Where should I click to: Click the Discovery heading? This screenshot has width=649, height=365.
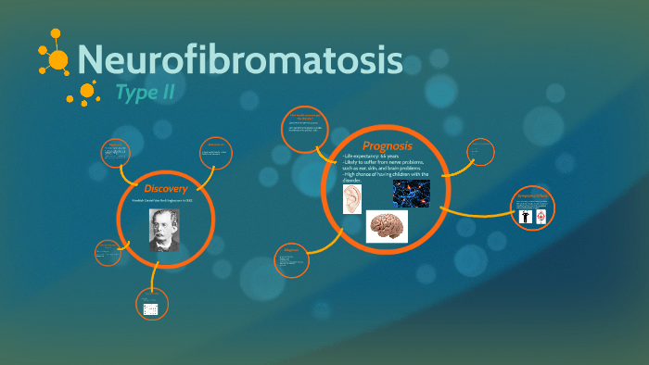tap(165, 189)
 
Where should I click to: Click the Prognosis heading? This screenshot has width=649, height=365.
tap(388, 145)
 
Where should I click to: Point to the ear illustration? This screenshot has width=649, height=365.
tap(352, 197)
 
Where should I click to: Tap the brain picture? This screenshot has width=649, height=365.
tap(387, 225)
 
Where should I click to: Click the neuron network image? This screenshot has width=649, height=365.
tap(412, 194)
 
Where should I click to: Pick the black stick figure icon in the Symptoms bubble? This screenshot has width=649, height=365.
tap(524, 216)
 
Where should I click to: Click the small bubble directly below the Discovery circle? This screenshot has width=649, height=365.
tap(150, 308)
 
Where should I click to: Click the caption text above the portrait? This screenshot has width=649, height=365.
tap(164, 202)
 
